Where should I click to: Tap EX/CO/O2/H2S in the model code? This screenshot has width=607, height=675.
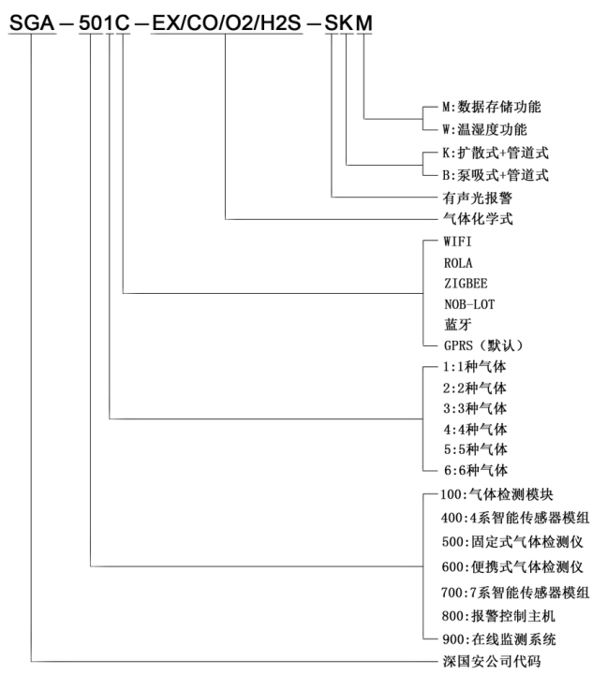[226, 21]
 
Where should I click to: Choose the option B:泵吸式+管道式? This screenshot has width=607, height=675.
[496, 174]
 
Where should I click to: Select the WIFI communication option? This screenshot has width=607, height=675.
[460, 242]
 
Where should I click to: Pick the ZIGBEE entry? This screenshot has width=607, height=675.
[466, 283]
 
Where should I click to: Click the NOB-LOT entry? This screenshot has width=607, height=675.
[469, 304]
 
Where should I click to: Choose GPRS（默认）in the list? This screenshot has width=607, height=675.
[483, 345]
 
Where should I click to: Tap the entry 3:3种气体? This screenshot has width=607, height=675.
[475, 408]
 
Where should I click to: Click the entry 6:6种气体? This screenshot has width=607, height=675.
[475, 470]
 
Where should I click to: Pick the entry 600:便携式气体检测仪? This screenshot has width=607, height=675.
[514, 566]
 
